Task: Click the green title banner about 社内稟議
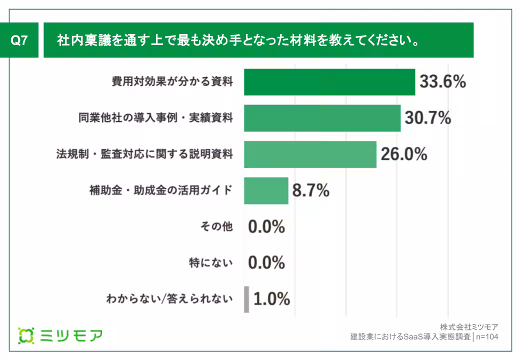[258, 40]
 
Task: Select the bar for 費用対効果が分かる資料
[329, 82]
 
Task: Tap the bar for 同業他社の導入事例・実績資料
[322, 118]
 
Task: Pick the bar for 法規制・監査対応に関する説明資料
[310, 154]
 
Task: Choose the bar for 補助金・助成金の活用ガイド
[266, 190]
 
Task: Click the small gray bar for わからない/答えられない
[246, 299]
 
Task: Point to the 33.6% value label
[442, 82]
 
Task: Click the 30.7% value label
[428, 118]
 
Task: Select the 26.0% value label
[404, 154]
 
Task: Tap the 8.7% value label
[310, 190]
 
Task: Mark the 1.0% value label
[271, 299]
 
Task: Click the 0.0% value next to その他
[266, 226]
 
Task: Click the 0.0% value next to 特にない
[266, 263]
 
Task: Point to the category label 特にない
[210, 263]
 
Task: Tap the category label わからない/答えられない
[169, 299]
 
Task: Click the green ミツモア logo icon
[25, 335]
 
